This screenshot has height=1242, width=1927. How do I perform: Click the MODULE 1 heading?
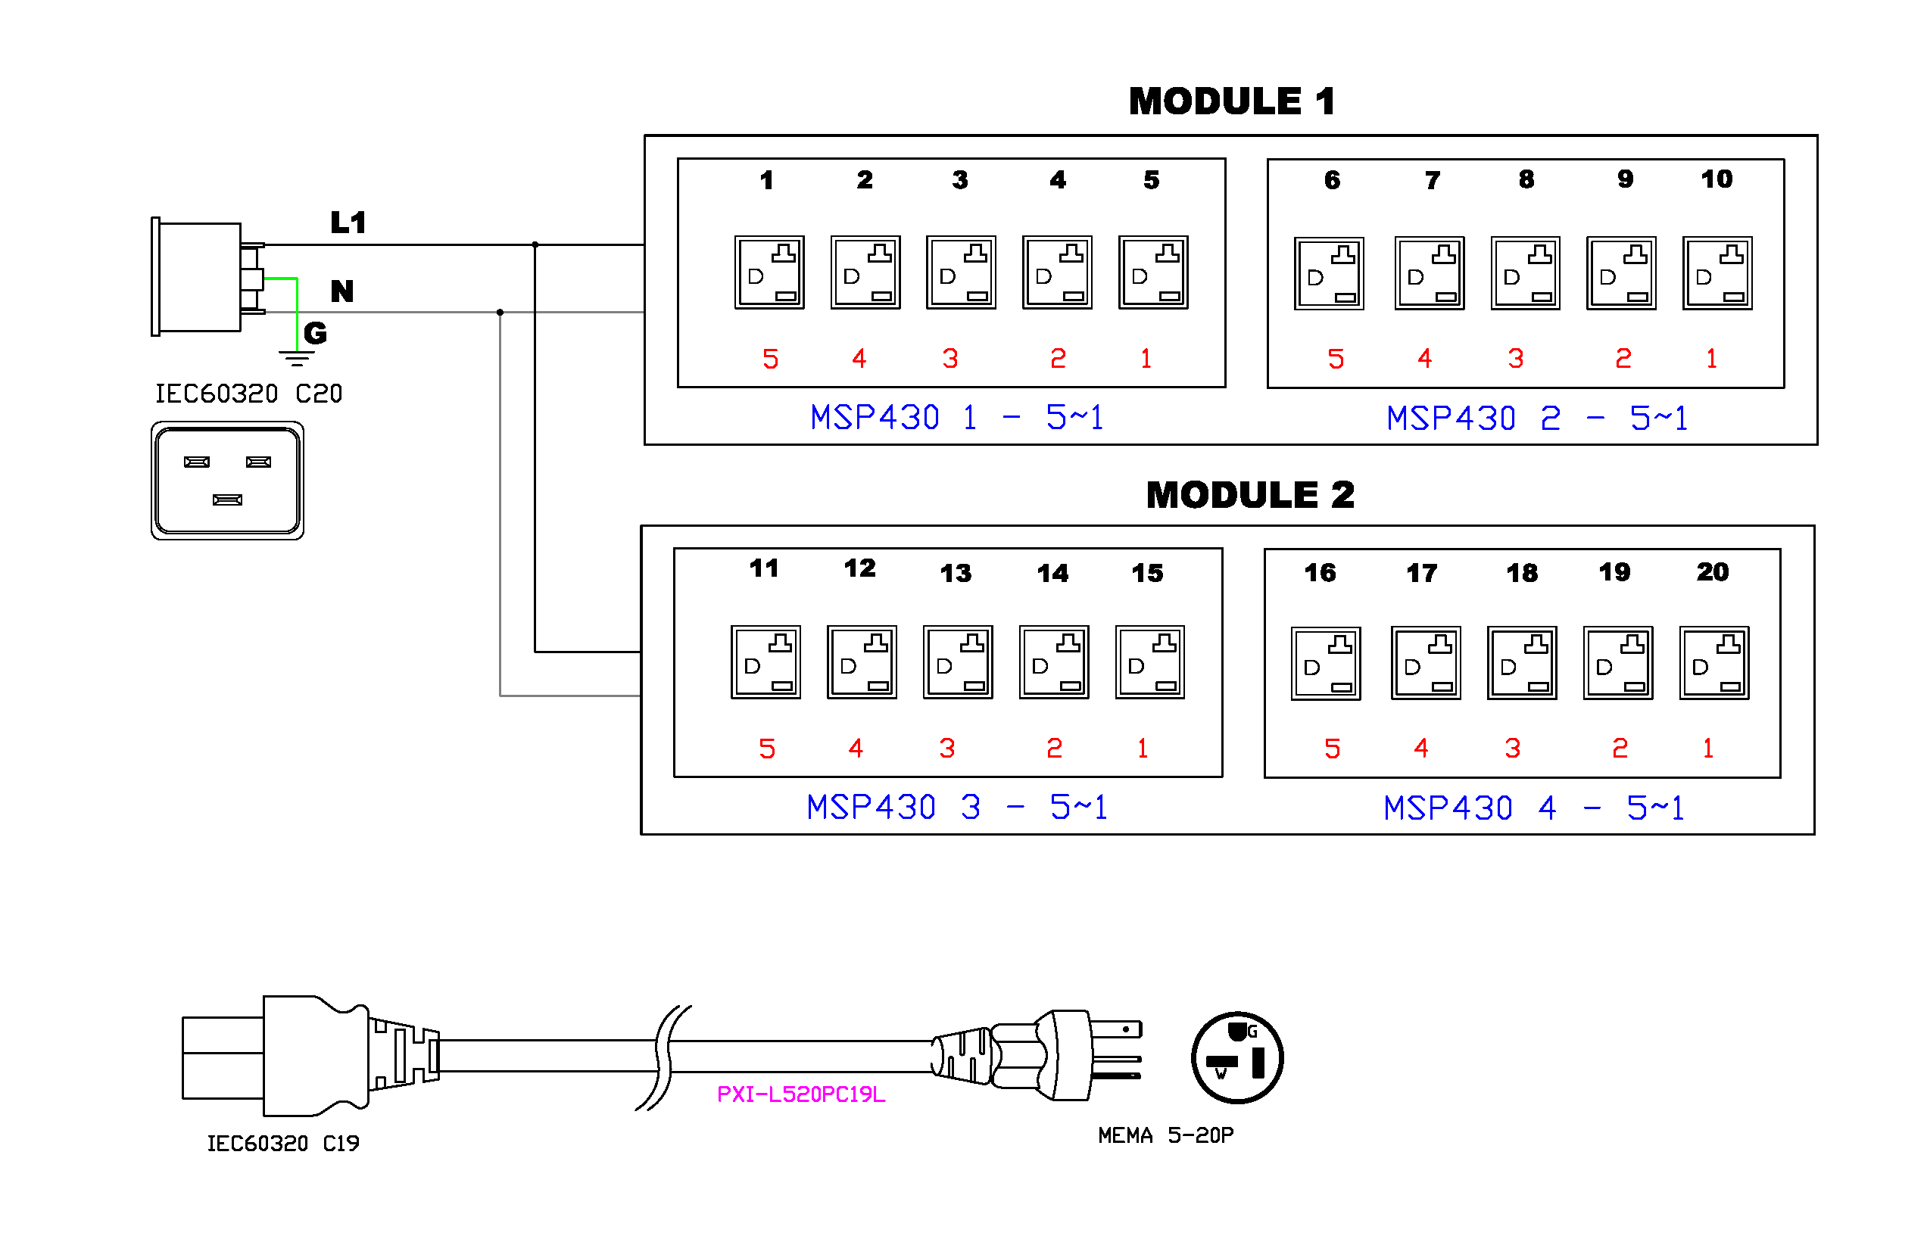pos(1231,101)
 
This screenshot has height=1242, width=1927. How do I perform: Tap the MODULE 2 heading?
pos(1249,494)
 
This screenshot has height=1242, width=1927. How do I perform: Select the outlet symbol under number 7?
pos(1429,273)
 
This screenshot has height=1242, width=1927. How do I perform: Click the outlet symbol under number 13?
pos(958,662)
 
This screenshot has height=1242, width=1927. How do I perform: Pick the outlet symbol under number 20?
pos(1713,663)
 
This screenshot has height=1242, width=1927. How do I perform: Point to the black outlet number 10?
pos(1716,179)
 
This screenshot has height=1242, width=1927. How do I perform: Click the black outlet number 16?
pos(1320,573)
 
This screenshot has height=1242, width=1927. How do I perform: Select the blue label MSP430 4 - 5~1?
pos(1533,808)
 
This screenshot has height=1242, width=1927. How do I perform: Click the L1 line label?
pos(348,223)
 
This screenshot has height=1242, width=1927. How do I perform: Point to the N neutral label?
pos(342,291)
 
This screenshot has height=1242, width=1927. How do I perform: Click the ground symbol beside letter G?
pos(296,357)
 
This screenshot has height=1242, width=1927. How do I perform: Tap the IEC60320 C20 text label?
pos(248,394)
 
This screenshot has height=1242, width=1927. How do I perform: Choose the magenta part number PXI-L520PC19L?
pos(800,1094)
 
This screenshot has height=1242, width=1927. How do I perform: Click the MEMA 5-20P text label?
pos(1165,1135)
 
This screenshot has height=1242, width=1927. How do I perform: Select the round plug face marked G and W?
pos(1236,1057)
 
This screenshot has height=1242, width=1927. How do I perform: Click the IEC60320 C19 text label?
pos(283,1144)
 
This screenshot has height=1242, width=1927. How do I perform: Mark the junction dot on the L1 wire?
pos(535,244)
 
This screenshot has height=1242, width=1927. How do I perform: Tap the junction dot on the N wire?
pos(500,312)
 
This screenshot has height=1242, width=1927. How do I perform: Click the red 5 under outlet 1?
pos(770,359)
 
